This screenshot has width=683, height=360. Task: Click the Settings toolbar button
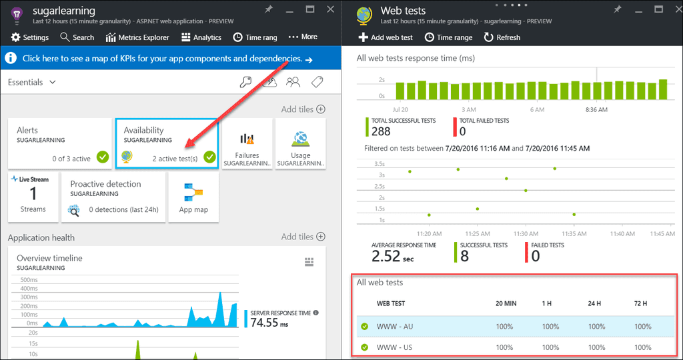30,37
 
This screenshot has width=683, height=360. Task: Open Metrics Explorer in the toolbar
137,37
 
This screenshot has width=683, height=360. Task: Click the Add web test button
386,37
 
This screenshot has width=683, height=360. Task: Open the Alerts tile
60,143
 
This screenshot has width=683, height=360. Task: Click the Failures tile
247,143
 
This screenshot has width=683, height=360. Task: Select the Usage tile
300,143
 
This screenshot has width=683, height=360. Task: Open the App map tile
193,197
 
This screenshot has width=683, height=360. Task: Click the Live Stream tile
33,197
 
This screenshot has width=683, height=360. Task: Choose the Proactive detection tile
113,197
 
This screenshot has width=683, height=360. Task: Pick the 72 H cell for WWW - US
643,347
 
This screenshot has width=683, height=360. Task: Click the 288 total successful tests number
381,131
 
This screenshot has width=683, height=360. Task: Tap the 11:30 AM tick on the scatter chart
526,234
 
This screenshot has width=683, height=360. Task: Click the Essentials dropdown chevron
53,82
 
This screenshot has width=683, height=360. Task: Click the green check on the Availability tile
209,157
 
